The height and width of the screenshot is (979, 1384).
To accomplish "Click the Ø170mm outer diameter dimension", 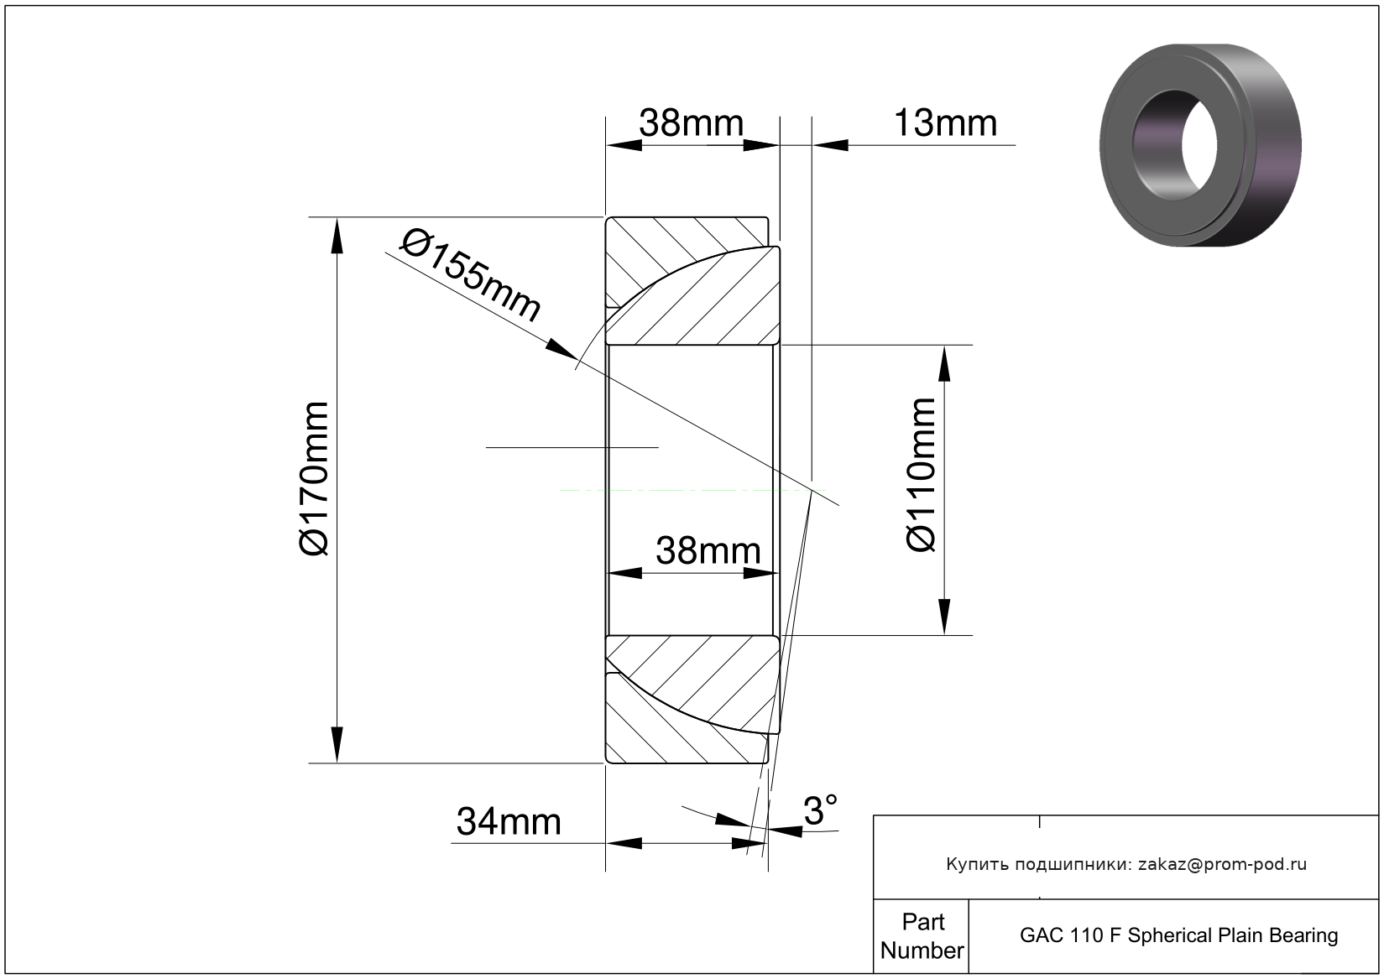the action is (x=313, y=479).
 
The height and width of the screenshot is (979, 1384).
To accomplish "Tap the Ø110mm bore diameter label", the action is (x=921, y=474).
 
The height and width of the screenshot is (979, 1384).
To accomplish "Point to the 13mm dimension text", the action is (x=945, y=123).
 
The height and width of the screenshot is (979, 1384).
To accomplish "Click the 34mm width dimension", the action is (x=509, y=822).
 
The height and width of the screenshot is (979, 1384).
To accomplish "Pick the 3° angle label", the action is (x=821, y=810).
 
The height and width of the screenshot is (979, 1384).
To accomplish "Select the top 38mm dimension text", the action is (x=691, y=123).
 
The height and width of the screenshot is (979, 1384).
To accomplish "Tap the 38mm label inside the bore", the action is (x=708, y=550).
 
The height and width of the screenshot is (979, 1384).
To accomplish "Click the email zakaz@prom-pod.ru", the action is (x=1222, y=864).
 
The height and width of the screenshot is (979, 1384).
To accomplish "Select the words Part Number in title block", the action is (x=922, y=936).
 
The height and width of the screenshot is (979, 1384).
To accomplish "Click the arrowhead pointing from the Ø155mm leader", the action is (x=561, y=349).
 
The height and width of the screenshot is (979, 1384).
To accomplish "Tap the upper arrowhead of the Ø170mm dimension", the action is (x=337, y=236).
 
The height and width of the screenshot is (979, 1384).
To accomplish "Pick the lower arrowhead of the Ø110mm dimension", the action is (x=944, y=617).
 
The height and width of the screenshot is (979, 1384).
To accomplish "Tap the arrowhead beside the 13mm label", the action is (x=830, y=146).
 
